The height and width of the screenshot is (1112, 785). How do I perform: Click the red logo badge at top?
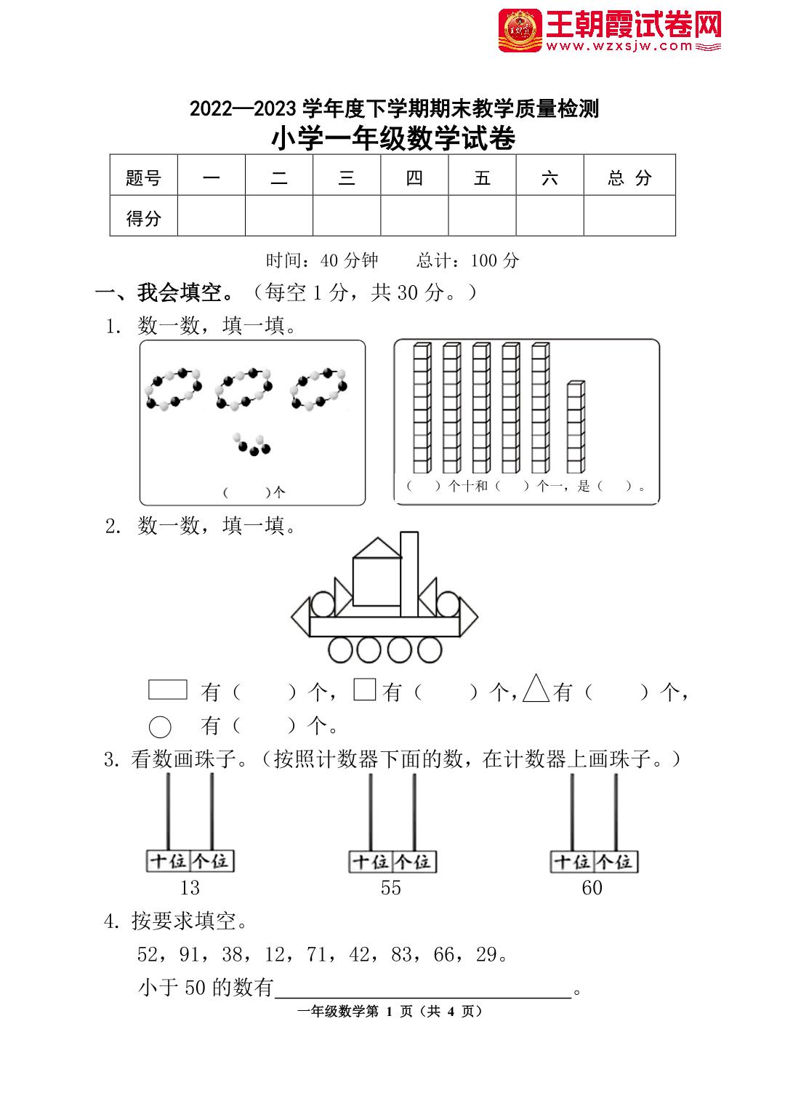point(520,31)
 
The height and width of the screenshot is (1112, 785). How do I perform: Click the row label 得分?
point(143,217)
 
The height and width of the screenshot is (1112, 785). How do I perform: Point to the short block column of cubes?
point(576,426)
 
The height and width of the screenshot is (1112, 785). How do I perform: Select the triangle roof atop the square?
point(377,548)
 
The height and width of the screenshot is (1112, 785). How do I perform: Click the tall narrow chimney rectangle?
point(409,574)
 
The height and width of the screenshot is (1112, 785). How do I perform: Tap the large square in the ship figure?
point(377,582)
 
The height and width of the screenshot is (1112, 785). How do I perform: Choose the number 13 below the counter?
point(189,887)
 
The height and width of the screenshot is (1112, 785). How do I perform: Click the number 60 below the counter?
point(592,887)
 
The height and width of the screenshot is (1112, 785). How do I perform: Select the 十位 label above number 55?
point(371,862)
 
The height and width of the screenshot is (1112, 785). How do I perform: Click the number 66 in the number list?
point(444,954)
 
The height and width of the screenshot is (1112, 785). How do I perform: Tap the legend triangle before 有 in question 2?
point(536,688)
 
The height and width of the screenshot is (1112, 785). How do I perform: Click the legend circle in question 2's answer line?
point(160,726)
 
